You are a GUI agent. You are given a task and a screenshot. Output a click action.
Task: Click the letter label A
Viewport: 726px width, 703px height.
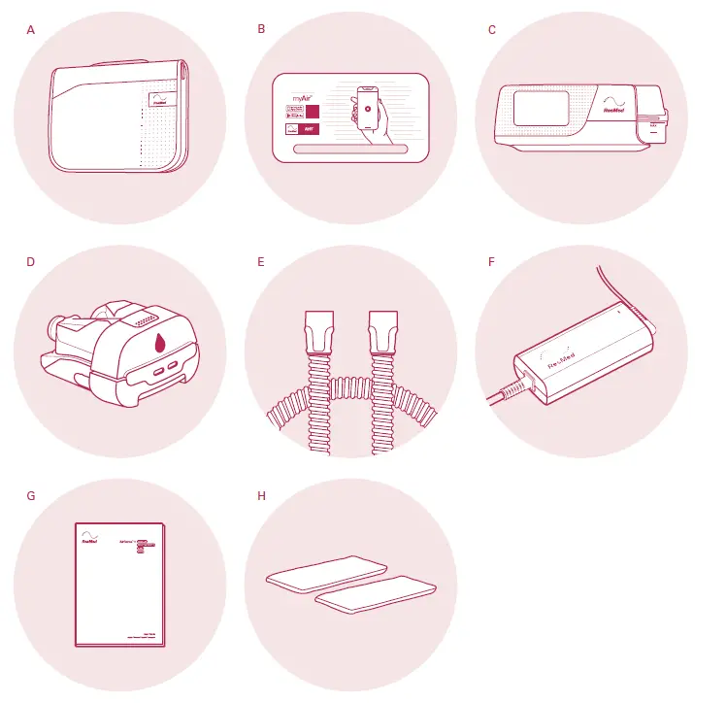point(31,29)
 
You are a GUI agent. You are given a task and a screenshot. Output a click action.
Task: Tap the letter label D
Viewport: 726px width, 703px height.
point(31,261)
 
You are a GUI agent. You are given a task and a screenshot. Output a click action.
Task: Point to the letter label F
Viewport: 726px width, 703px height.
point(492,261)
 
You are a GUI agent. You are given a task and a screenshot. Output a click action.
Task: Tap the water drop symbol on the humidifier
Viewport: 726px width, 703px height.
point(159,342)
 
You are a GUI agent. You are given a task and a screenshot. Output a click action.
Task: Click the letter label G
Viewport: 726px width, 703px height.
point(31,495)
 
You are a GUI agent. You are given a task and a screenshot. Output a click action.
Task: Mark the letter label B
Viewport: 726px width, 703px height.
point(261,29)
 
